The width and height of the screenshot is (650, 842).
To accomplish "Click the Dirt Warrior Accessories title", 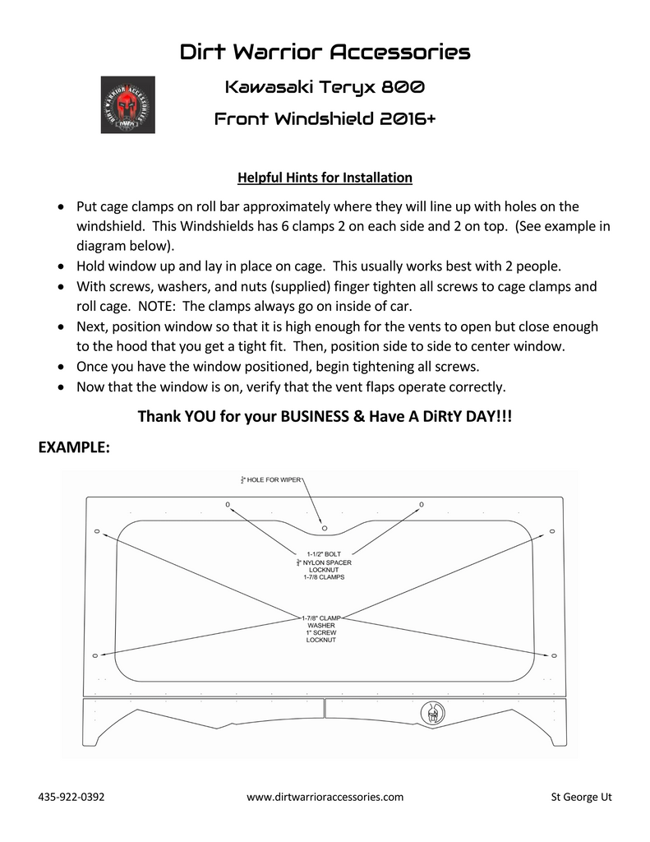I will click(x=325, y=53).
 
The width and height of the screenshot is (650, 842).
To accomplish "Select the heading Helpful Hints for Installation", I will click(x=325, y=177).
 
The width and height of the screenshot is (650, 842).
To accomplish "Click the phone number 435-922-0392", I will click(x=71, y=797).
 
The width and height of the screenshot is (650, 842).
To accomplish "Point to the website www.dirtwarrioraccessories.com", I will click(x=325, y=797).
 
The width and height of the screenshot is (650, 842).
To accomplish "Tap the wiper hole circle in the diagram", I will click(x=324, y=527).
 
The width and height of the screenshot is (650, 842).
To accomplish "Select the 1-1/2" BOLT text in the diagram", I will click(x=324, y=554).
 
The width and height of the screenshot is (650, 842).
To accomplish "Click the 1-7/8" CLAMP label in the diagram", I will click(x=321, y=618).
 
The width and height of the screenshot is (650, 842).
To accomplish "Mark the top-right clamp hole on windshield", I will click(x=421, y=503).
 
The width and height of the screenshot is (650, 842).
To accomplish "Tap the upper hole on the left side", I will click(x=96, y=531).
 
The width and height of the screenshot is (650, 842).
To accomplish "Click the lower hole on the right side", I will click(x=554, y=655).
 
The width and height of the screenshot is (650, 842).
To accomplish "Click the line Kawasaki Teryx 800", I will click(x=325, y=86).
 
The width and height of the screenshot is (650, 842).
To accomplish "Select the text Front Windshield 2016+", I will click(x=325, y=119).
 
